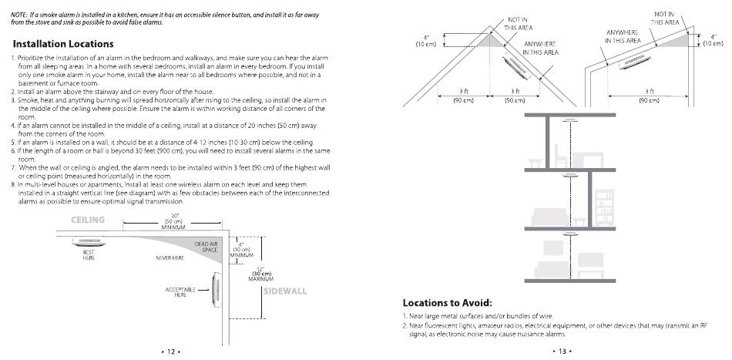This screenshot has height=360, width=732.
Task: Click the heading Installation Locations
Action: click(x=63, y=44)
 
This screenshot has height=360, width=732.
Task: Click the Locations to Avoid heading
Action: click(x=447, y=302)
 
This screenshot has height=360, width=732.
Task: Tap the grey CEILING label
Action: click(x=88, y=220)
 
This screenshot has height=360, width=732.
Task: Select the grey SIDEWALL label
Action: click(x=285, y=291)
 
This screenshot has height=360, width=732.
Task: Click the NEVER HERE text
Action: click(x=170, y=257)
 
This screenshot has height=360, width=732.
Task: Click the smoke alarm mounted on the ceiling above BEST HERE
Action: click(x=89, y=242)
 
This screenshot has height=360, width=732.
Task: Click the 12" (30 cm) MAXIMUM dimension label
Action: click(x=262, y=273)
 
